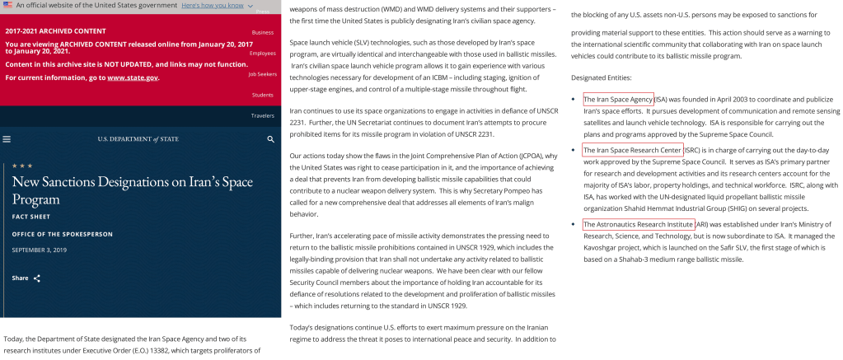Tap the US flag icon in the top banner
coord(7,5)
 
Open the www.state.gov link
coord(132,77)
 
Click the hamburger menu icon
coord(7,140)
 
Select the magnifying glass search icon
coord(270,140)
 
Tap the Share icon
coord(37,278)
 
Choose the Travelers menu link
coord(262,115)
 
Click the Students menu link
coord(263,95)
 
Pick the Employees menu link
coord(262,53)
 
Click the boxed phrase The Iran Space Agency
coord(618,99)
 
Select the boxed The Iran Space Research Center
coord(632,150)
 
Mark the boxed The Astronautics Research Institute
coord(638,224)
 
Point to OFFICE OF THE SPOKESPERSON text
coord(62,234)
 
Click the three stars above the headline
coord(22,166)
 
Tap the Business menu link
coord(263,32)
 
